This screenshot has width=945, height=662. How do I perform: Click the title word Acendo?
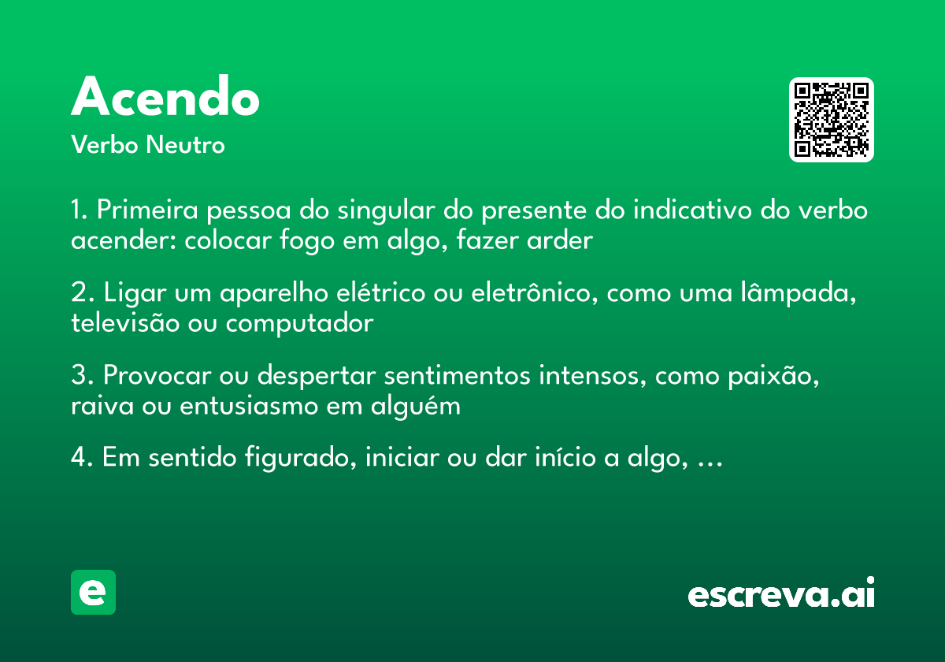pyautogui.click(x=165, y=98)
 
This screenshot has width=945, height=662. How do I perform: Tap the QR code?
pyautogui.click(x=832, y=120)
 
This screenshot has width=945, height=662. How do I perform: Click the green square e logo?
pyautogui.click(x=93, y=592)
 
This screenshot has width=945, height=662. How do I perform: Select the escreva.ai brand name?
pyautogui.click(x=781, y=593)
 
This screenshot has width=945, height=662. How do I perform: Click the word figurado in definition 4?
pyautogui.click(x=301, y=459)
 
